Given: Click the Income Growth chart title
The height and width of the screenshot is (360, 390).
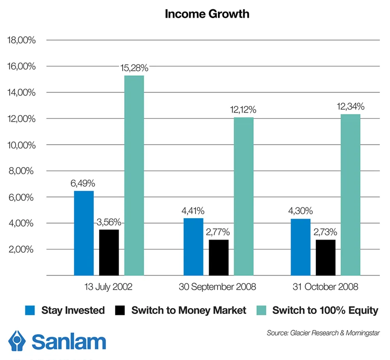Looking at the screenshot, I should point(207,14).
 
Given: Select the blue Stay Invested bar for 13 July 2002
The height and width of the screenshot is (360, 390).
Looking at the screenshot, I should point(84,233).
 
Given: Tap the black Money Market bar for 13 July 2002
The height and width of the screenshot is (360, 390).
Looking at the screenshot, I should point(109,252).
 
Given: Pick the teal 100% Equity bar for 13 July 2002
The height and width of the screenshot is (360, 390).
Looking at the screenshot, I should point(134,176).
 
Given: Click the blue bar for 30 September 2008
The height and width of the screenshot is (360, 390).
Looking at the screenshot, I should point(193,247).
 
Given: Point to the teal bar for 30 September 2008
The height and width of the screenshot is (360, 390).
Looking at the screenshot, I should point(244,196).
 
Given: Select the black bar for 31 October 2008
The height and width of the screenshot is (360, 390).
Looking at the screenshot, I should point(325,258).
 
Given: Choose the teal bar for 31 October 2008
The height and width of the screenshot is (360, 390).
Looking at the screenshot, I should point(351,195).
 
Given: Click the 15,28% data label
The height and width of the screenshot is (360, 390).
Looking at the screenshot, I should point(134,68).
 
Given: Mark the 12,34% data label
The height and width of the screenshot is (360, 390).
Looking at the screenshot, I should point(351,107).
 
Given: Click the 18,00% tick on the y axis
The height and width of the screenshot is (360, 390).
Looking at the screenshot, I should point(21,40).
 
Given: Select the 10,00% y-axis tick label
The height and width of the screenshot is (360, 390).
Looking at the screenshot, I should point(21,145).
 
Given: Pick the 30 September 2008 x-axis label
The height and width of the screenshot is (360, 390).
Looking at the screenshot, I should point(218,287).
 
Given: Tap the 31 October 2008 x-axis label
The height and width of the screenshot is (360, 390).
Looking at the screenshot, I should point(326,287).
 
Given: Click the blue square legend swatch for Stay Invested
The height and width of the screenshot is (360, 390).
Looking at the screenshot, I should point(30,310).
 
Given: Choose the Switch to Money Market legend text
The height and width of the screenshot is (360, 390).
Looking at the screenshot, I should point(189,310).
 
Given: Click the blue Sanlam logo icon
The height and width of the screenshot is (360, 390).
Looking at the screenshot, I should point(17,341).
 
